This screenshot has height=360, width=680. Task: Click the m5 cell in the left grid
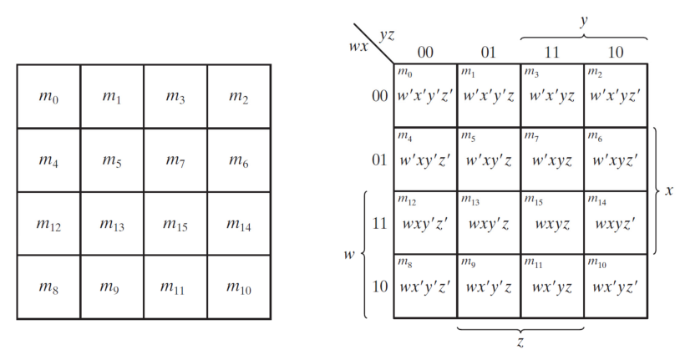[x=112, y=160]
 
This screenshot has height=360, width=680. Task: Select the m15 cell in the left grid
[x=175, y=224]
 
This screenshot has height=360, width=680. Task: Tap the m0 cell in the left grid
[x=48, y=97]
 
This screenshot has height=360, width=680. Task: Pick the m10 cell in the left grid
[x=239, y=287]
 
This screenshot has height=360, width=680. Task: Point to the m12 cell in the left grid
[x=48, y=224]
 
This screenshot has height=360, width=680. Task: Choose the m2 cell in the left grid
[x=239, y=97]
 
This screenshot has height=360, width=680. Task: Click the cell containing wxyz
[x=552, y=224]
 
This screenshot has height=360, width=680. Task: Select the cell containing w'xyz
[x=552, y=160]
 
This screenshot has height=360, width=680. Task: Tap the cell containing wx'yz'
[x=617, y=287]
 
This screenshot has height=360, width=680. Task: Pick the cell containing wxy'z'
[x=425, y=224]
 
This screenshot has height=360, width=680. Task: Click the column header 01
[x=489, y=53]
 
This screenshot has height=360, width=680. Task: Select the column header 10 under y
[x=616, y=53]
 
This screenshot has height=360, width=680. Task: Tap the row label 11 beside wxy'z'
[x=380, y=223]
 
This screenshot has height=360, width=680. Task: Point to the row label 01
[x=380, y=159]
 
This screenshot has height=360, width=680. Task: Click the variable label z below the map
[x=520, y=342]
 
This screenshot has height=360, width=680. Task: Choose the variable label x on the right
[x=669, y=191]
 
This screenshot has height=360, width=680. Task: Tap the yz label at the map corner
[x=388, y=35]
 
